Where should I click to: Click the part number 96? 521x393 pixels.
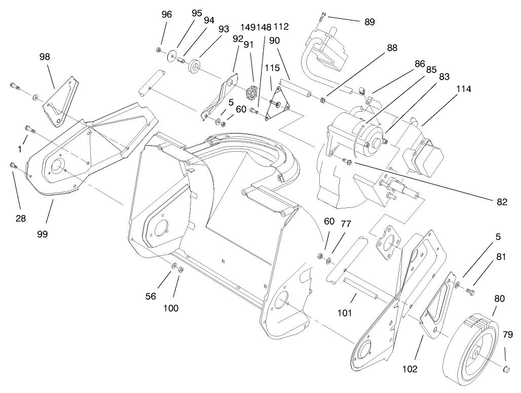pyautogui.click(x=167, y=15)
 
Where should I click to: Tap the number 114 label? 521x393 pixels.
pyautogui.click(x=463, y=89)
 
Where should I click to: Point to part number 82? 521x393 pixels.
pyautogui.click(x=502, y=201)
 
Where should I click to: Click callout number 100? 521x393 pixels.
pyautogui.click(x=171, y=308)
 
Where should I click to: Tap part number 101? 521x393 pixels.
pyautogui.click(x=344, y=312)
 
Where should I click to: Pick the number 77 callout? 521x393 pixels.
pyautogui.click(x=346, y=223)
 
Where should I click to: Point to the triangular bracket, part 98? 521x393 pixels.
pyautogui.click(x=60, y=103)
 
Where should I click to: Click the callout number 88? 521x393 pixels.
pyautogui.click(x=392, y=48)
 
